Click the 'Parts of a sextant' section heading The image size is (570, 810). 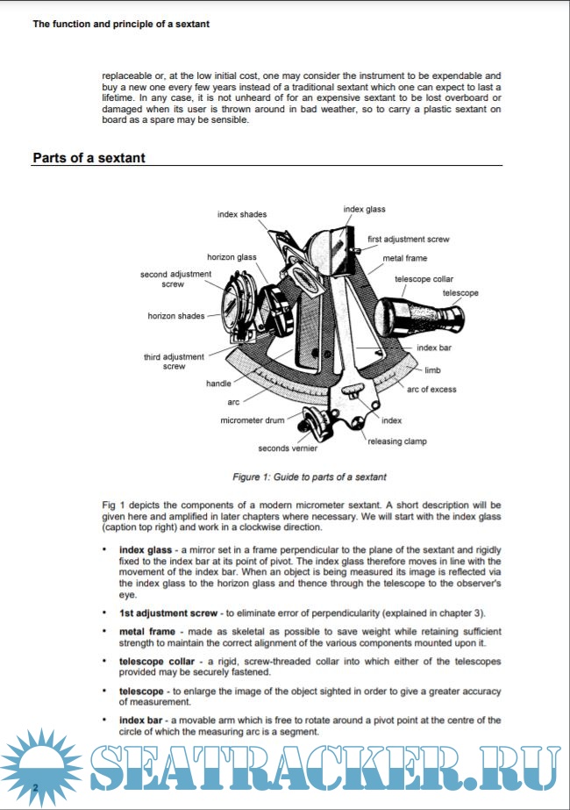coord(89,158)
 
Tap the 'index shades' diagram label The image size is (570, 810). coord(242,214)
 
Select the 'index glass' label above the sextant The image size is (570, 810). coord(364,209)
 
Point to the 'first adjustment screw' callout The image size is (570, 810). coord(408,239)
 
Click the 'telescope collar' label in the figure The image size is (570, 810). coord(424,278)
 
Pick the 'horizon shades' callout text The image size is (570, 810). coord(175,316)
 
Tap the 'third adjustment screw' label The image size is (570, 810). coord(174,362)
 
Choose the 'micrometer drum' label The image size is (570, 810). coord(253,420)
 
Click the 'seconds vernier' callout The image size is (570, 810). coord(288,448)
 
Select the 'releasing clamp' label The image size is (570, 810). coord(397,441)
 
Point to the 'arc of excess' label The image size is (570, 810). coord(431,390)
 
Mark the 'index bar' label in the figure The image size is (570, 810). coord(433,348)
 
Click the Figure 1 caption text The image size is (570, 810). coord(309,477)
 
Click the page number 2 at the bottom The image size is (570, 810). coord(35,786)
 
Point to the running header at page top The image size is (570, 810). coord(121,25)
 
